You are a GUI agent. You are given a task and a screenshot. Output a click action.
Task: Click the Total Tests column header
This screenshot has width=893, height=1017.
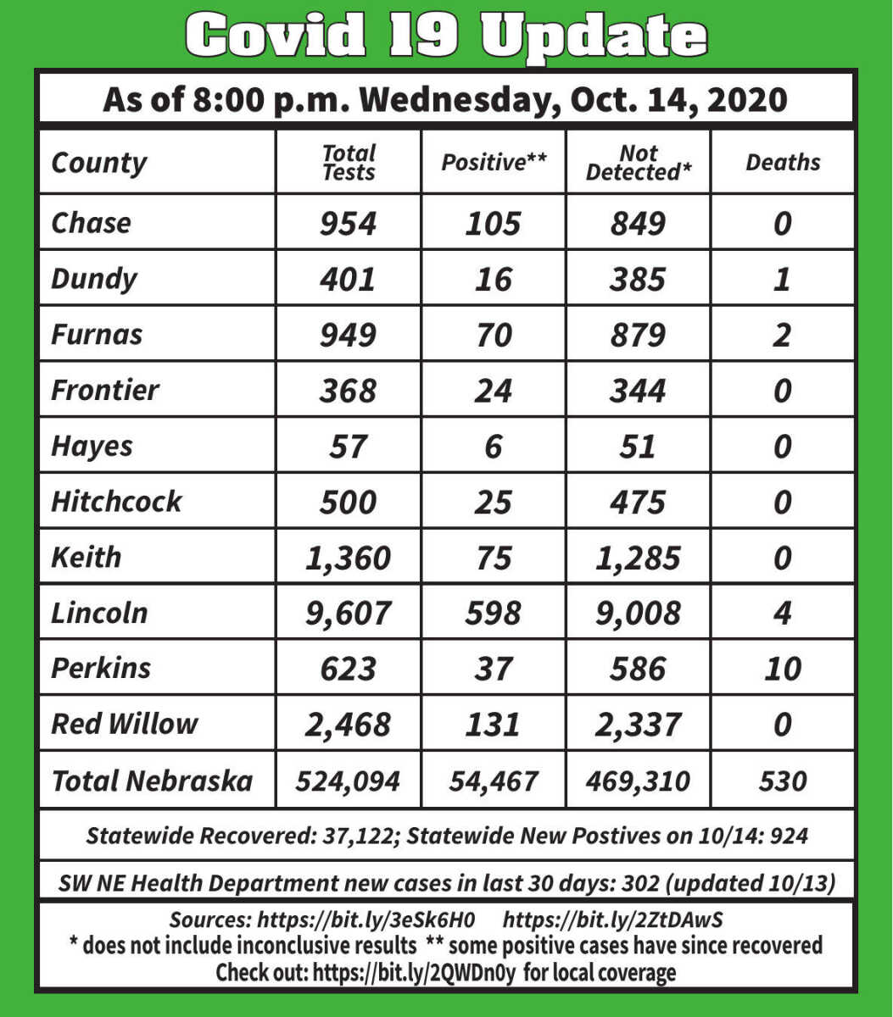click(349, 163)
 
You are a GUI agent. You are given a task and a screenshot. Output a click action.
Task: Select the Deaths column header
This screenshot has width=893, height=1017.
click(783, 163)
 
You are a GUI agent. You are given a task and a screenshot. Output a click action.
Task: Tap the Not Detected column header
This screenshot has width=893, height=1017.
click(638, 163)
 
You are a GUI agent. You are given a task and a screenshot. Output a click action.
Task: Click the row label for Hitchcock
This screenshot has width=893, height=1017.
click(116, 501)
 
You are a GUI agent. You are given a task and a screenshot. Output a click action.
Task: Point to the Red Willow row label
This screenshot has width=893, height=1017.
click(124, 724)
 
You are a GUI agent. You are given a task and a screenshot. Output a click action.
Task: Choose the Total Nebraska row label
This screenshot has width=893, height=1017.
click(152, 781)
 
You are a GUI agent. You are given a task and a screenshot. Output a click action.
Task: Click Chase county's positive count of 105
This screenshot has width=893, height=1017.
click(493, 224)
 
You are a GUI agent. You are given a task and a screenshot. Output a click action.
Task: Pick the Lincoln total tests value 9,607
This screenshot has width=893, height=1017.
click(349, 613)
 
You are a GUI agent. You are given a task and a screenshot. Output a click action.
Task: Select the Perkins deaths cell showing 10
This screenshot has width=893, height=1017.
click(782, 669)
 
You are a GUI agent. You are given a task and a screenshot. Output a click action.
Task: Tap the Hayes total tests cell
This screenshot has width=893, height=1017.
click(348, 446)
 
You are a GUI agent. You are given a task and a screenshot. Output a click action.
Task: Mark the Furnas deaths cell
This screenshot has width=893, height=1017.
click(782, 335)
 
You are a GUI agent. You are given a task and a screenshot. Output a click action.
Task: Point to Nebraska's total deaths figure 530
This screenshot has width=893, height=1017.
click(782, 781)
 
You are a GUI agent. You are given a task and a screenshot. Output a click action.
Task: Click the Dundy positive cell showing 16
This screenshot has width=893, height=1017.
click(493, 279)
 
